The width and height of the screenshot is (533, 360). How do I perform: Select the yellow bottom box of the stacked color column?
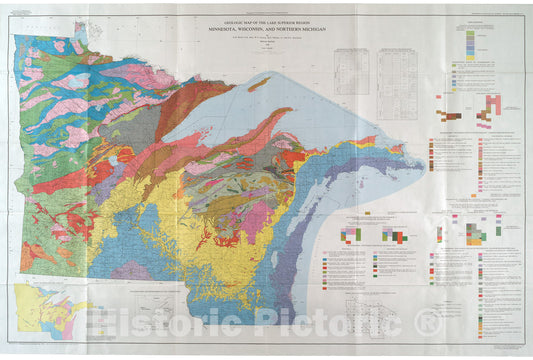pos(470,58)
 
